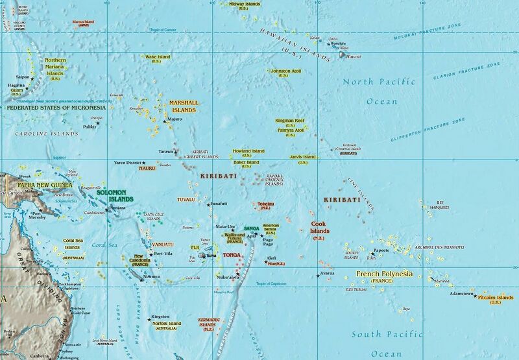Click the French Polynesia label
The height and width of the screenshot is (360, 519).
385,275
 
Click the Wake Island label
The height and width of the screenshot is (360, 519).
158,57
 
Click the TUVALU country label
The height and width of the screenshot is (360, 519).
186,199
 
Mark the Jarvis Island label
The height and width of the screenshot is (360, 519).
302,157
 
